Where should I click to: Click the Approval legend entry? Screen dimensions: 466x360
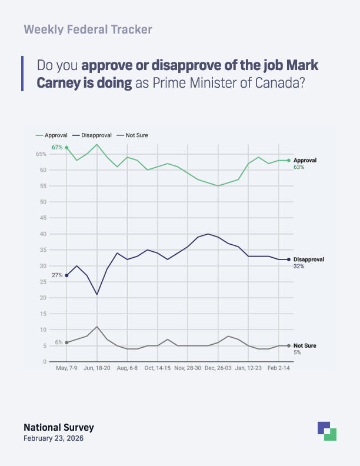[52, 135]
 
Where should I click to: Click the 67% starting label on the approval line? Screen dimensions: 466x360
[57, 147]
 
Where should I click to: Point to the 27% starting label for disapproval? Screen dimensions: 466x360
[57, 275]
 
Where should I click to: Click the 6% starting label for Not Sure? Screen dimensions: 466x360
[59, 342]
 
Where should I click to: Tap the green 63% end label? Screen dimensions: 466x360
[298, 167]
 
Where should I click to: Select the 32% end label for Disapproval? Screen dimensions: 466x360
[298, 267]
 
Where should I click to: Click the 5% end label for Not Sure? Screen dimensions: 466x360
[297, 352]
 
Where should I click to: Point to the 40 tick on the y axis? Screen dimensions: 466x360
[43, 234]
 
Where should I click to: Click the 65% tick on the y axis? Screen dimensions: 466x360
[41, 154]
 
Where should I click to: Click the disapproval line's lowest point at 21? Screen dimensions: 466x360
[97, 294]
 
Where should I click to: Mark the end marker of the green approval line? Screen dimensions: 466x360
[288, 160]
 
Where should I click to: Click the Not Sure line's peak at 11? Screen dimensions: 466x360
[97, 327]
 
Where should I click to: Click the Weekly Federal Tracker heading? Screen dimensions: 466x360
[88, 29]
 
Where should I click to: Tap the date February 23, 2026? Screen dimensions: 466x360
[58, 439]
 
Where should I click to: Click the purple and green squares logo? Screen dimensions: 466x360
[326, 431]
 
